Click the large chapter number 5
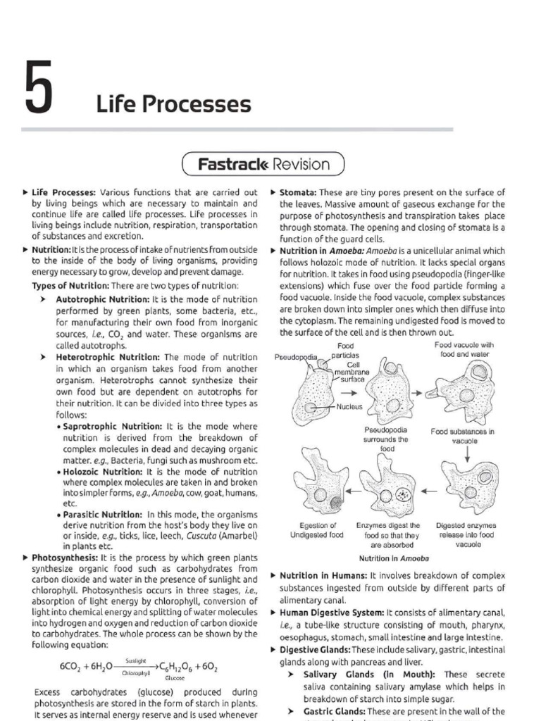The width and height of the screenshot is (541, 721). pyautogui.click(x=39, y=90)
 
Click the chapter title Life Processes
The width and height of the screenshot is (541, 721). pyautogui.click(x=173, y=104)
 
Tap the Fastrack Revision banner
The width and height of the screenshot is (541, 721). pyautogui.click(x=263, y=165)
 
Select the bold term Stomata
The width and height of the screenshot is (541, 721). pyautogui.click(x=299, y=192)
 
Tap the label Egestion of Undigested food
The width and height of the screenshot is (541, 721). pyautogui.click(x=316, y=530)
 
